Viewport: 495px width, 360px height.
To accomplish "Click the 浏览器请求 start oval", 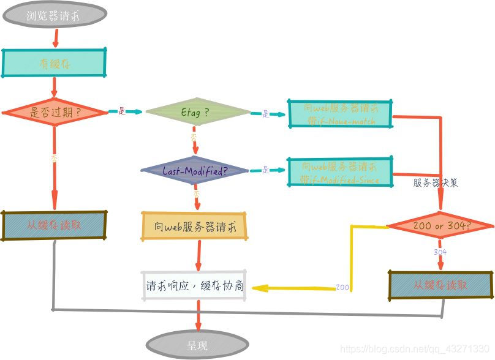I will (x=55, y=15).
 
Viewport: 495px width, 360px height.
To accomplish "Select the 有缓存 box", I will (x=55, y=63).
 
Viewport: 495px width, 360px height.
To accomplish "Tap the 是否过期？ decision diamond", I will (x=55, y=112).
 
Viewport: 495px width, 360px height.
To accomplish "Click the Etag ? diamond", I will (x=195, y=112).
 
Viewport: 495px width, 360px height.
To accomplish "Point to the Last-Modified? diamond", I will (x=195, y=171).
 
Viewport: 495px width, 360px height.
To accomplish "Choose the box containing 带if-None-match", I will (x=341, y=114).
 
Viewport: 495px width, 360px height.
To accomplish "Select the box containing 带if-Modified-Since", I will (x=340, y=172).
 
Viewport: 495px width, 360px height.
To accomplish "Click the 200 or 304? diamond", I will (x=441, y=226).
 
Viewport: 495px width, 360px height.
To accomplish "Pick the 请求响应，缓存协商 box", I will (x=194, y=286).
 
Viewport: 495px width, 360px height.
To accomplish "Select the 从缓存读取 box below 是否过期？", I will (x=55, y=225).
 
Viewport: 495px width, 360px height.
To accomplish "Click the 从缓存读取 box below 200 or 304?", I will (x=440, y=285).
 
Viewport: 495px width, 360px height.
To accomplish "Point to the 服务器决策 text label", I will (x=435, y=182).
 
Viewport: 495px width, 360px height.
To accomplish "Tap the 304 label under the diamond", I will (x=440, y=252).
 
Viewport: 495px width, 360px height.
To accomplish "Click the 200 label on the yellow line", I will (x=342, y=287).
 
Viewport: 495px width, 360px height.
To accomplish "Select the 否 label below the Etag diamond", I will (x=194, y=136).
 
